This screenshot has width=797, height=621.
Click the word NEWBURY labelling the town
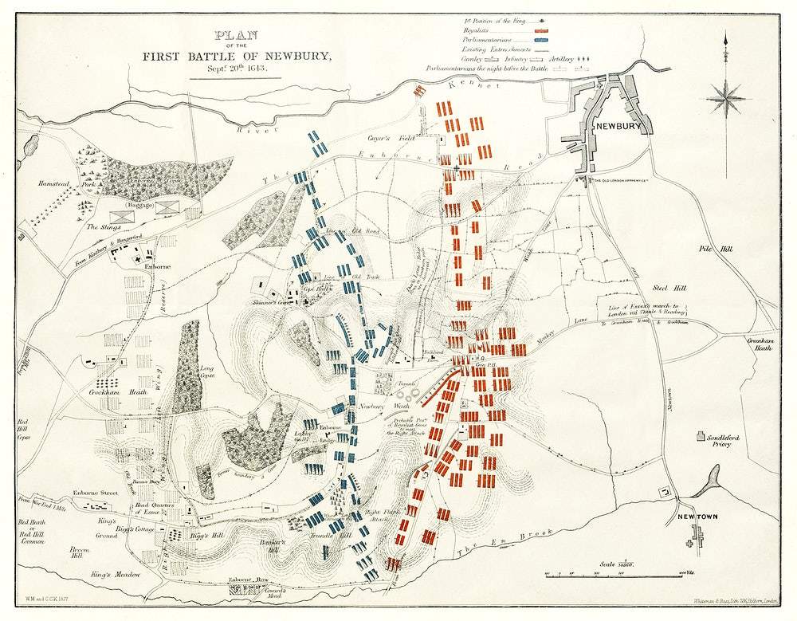[618, 126]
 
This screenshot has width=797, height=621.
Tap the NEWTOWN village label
[697, 517]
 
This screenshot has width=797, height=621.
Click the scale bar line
[606, 573]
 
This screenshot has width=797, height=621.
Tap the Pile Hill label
[709, 249]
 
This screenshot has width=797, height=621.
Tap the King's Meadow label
[115, 574]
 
